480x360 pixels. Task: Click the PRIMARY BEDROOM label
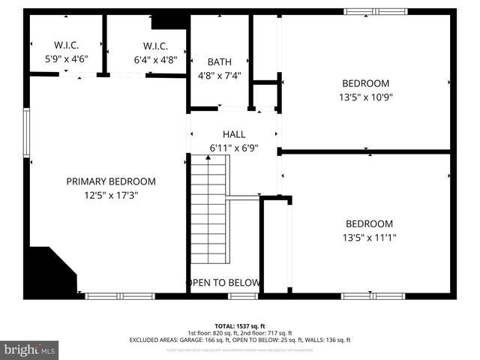tap(111, 181)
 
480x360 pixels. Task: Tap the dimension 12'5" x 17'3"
tap(111, 195)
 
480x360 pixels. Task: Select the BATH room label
tap(219, 61)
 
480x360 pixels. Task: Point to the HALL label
tap(234, 134)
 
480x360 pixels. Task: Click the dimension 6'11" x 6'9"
tap(234, 148)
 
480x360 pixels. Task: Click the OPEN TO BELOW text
tap(223, 283)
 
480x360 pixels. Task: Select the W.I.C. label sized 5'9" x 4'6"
tap(66, 45)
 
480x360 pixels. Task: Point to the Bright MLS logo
tap(30, 349)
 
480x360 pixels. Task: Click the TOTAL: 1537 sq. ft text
tap(239, 325)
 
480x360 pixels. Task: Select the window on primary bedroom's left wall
tap(27, 131)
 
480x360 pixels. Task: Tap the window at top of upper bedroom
tap(372, 12)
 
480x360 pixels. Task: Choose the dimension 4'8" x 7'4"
tap(219, 75)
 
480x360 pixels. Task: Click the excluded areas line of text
tap(239, 340)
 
